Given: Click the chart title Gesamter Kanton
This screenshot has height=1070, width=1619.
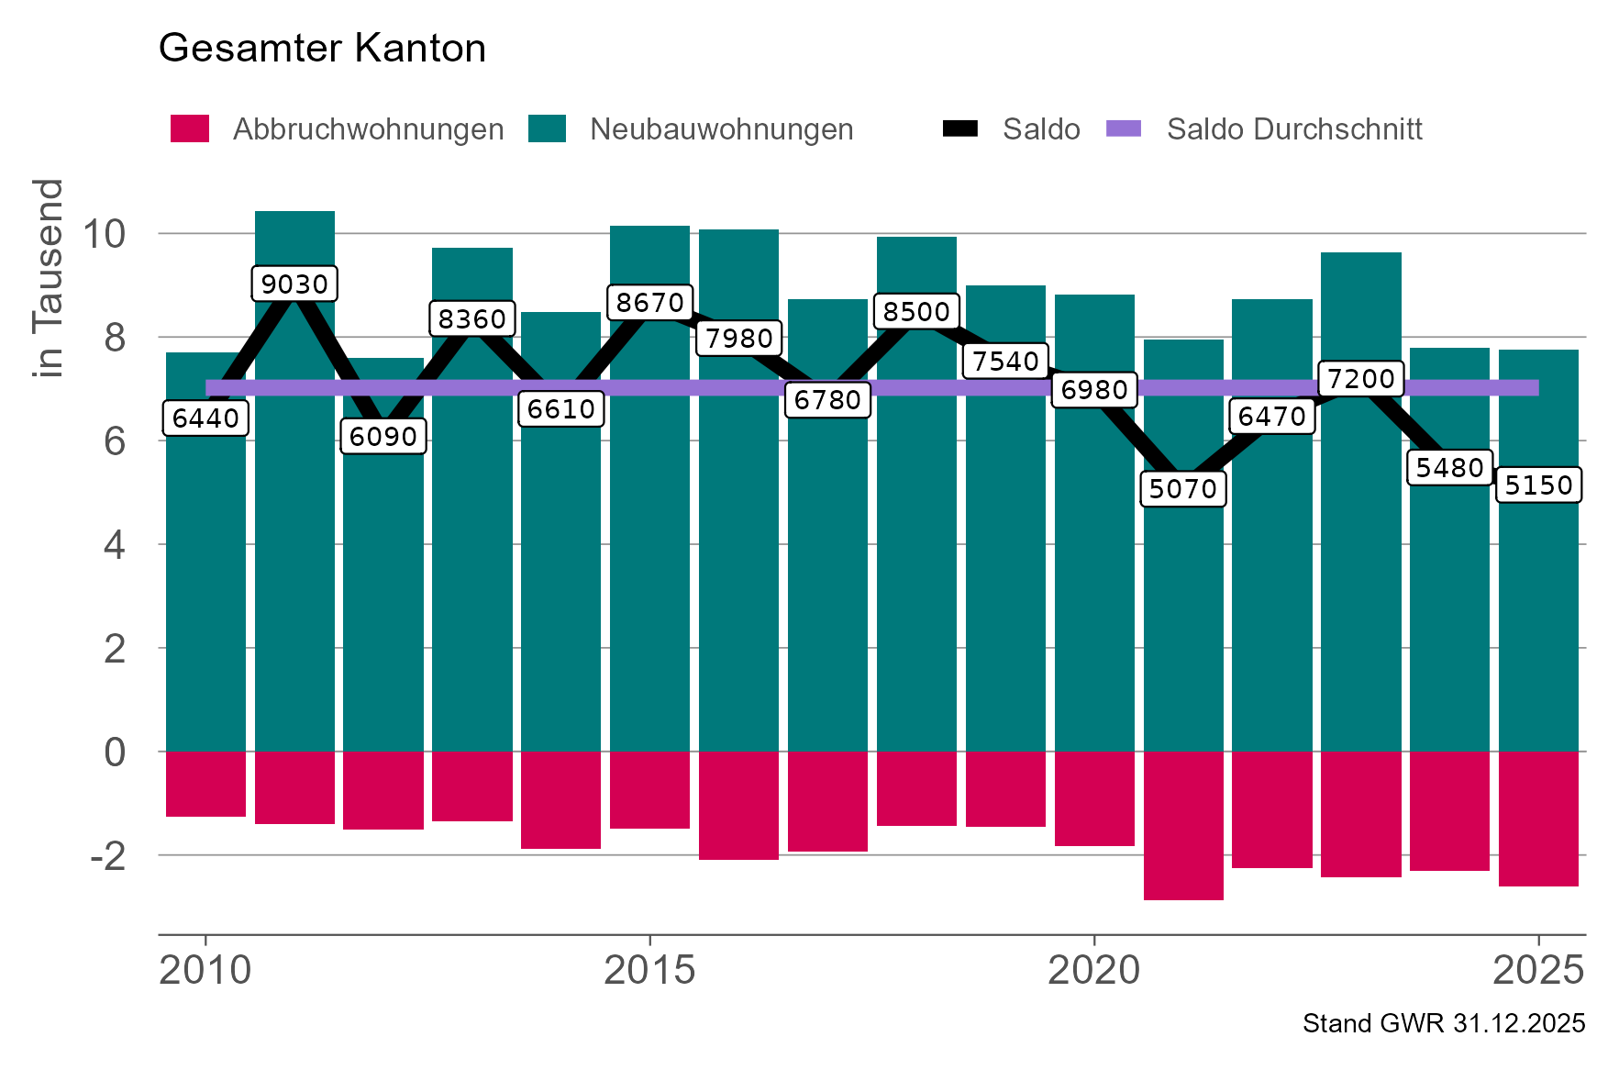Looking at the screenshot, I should (x=322, y=48).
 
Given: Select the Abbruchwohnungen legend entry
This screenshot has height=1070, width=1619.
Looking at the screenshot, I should (x=337, y=129).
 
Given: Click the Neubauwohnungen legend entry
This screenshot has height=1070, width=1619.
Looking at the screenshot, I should (x=691, y=129).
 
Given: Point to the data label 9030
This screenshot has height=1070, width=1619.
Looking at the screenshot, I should (x=294, y=284).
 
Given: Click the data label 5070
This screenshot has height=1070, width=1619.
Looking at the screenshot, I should (x=1182, y=488).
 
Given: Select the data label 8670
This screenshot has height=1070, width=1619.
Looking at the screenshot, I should (x=649, y=302).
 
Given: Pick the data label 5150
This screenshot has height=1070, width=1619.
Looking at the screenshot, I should (x=1538, y=485).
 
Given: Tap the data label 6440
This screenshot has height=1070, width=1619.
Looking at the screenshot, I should (x=205, y=418).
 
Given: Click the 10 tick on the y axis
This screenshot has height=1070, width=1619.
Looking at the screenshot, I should (x=103, y=234).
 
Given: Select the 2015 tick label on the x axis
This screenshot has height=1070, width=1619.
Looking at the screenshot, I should (x=649, y=970).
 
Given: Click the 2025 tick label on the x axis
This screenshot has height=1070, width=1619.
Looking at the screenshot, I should (x=1538, y=970).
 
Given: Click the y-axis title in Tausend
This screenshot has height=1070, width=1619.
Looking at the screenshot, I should (x=48, y=278).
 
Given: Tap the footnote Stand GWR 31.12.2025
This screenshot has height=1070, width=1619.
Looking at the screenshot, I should (x=1443, y=1024).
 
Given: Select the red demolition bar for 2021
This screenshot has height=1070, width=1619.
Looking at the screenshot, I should (x=1182, y=826).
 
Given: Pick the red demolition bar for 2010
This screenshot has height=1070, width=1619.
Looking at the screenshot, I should (x=205, y=784).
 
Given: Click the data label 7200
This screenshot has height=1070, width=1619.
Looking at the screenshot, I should (x=1360, y=378).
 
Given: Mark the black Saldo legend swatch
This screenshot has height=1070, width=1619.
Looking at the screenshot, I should (x=959, y=129).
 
